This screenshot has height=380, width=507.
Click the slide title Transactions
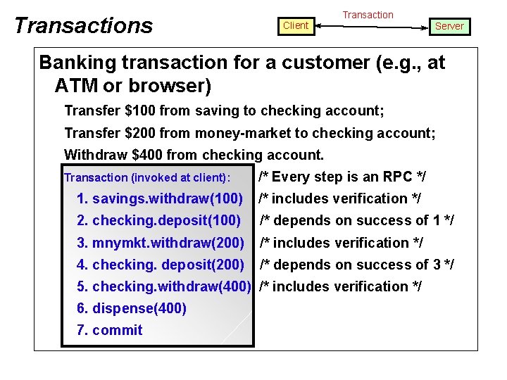click(x=83, y=25)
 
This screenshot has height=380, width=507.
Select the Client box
click(x=295, y=25)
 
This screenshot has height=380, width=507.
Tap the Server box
click(x=449, y=26)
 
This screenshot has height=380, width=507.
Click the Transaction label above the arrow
click(x=368, y=14)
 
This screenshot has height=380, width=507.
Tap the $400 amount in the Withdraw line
click(x=131, y=155)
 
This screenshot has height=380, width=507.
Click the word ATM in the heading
click(x=74, y=86)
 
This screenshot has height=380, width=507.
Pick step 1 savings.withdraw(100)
click(x=160, y=198)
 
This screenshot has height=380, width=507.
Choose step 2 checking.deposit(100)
click(x=159, y=220)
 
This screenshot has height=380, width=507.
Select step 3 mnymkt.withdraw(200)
click(x=161, y=243)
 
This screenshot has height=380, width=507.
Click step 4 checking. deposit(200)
click(x=161, y=265)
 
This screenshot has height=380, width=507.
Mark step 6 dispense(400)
click(x=132, y=308)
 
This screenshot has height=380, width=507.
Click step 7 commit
click(x=110, y=330)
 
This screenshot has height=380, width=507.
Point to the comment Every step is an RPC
click(x=342, y=177)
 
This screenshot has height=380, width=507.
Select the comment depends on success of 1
click(x=357, y=220)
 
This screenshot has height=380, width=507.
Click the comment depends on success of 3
click(x=357, y=265)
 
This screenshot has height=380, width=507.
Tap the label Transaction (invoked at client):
click(x=147, y=178)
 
